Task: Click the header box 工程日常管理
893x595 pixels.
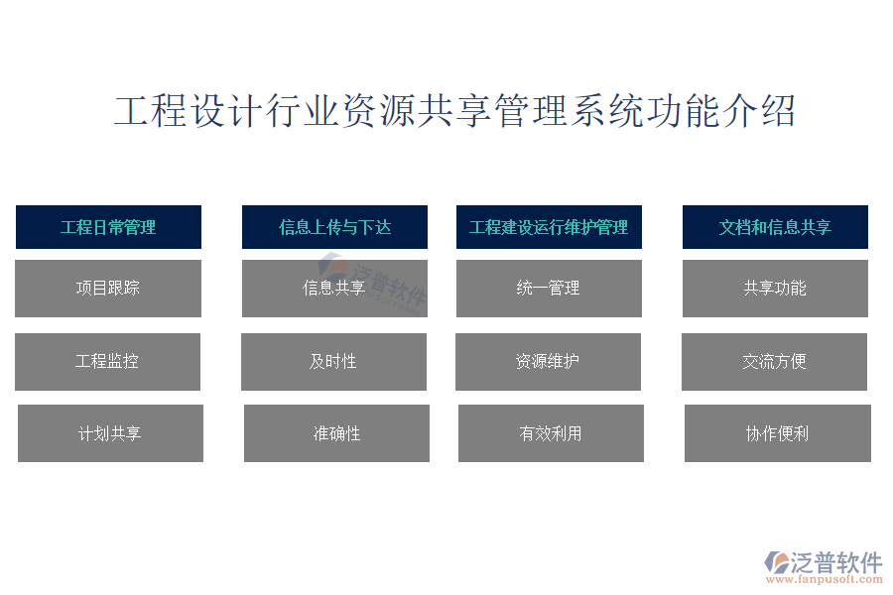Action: tap(108, 227)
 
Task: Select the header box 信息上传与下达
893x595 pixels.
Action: tap(334, 227)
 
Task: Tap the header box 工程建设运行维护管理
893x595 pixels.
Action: tap(549, 227)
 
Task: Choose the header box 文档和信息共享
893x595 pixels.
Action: tap(775, 227)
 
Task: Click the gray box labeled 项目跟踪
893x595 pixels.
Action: tap(108, 289)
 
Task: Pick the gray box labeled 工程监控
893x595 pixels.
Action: tap(107, 362)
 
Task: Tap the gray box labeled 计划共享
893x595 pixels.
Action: tap(110, 433)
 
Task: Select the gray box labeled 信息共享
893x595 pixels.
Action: tap(334, 289)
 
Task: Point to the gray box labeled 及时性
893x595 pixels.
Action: tap(333, 362)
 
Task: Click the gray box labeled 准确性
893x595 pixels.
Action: tap(336, 433)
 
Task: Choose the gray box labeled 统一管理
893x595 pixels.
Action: tap(549, 289)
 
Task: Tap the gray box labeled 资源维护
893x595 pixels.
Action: tap(548, 362)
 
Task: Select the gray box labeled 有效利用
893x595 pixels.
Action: tap(551, 433)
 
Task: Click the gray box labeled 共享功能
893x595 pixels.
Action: tap(775, 289)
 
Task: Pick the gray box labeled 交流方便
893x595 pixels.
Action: tap(775, 362)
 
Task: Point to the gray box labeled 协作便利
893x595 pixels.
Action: tap(777, 433)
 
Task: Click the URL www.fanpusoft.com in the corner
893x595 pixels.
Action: tap(825, 579)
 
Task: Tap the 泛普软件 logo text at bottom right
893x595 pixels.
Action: tap(836, 562)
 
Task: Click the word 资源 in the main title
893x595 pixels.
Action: tap(378, 110)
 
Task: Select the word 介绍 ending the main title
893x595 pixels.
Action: tap(759, 110)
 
